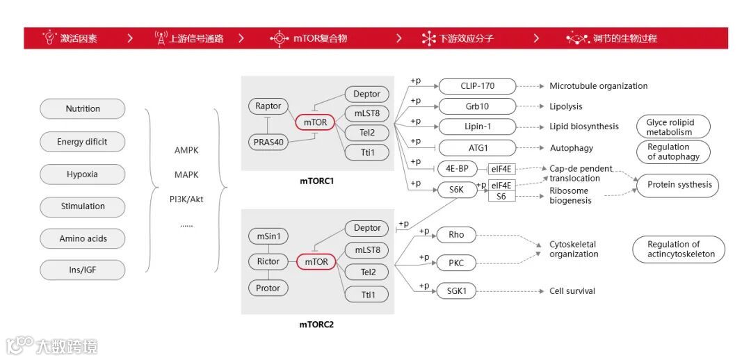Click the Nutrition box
click(83, 109)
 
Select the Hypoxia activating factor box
click(83, 174)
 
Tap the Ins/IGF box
click(83, 270)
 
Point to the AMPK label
click(186, 149)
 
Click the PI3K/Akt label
click(186, 199)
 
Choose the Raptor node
click(268, 106)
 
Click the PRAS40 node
click(268, 142)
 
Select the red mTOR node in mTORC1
click(316, 123)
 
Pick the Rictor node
click(268, 261)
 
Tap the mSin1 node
click(268, 236)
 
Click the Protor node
click(268, 288)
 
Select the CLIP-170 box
click(477, 86)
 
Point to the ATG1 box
click(477, 148)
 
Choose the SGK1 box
click(456, 291)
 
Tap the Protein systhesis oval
click(679, 185)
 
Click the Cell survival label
click(572, 291)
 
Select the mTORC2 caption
click(316, 324)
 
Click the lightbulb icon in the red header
click(49, 38)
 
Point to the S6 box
click(501, 197)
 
